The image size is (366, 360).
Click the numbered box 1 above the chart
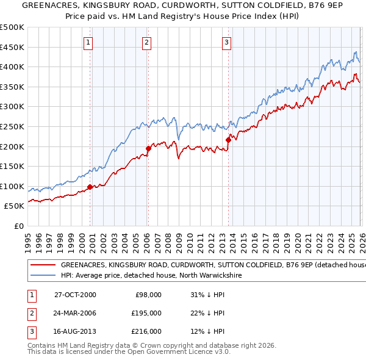point(88,43)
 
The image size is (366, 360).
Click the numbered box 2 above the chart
point(148,43)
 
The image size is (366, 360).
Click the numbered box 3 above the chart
point(226,43)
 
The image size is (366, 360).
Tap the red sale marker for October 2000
point(90,187)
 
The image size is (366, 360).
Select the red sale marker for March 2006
point(148,148)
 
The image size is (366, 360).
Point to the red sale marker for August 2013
point(228,140)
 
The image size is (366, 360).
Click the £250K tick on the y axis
point(12,126)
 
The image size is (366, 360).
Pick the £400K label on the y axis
point(12,67)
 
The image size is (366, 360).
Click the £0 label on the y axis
point(18,226)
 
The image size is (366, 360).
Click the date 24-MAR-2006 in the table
point(75,313)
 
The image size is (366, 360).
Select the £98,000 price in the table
point(148,295)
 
